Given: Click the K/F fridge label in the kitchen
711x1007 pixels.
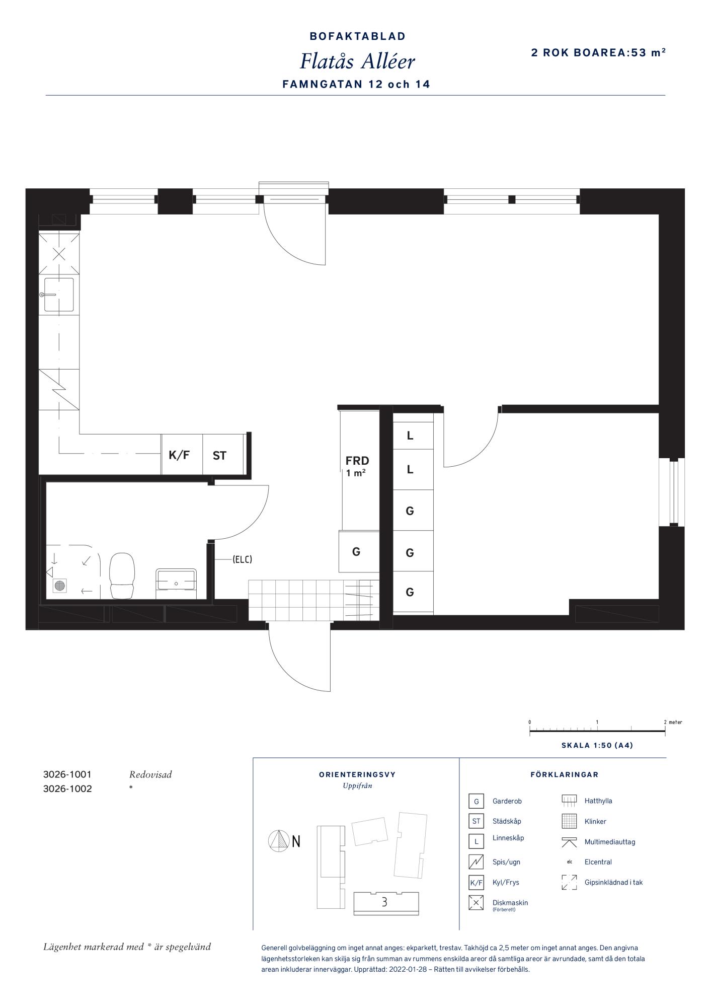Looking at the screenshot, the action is coord(179,456).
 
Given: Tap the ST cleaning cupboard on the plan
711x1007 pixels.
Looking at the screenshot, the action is coord(219,456).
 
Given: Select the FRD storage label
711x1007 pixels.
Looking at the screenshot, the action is coord(357,461).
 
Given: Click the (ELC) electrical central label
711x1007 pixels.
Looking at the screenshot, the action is coord(242,559).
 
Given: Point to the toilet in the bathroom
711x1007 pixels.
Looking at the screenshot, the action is coord(122,576).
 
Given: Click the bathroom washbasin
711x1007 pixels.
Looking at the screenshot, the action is coord(176,580).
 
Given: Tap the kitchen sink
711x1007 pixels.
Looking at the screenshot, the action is coord(59,295).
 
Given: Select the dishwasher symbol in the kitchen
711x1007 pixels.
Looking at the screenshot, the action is coord(59,254).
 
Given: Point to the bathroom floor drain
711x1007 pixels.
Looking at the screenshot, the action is coord(60,585).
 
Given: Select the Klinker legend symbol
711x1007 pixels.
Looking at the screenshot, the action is coord(569,821).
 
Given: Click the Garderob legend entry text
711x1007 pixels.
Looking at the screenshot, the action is coord(507,801).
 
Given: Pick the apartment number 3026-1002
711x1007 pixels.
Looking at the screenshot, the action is coord(68,789).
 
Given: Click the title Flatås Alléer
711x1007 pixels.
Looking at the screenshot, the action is coord(357,61).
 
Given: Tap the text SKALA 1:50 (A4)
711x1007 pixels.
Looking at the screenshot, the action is coord(597,745).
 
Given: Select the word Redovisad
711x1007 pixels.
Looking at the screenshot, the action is coord(150,774).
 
